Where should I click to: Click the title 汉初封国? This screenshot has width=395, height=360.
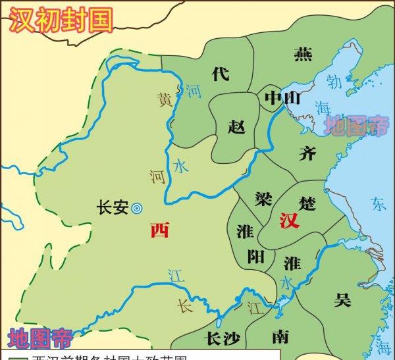coord(60,19)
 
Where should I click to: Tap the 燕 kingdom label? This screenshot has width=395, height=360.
coord(303,54)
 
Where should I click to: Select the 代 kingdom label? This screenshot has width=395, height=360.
coord(221,74)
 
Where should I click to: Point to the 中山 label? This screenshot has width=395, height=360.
coord(282,98)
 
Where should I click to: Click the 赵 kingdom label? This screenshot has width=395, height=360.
coord(236,126)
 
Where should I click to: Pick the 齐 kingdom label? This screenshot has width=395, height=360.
coord(307,153)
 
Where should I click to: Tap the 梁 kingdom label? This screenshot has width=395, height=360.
coord(263,198)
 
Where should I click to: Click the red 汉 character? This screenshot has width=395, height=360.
coord(289,220)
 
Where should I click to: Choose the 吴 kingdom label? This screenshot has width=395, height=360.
coord(342,300)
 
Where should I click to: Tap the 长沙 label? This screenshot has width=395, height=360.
coord(217,338)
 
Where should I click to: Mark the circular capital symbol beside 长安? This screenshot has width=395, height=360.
coord(137,208)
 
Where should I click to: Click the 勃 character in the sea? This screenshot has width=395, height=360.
coord(334,84)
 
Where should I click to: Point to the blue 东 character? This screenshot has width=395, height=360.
coord(378,203)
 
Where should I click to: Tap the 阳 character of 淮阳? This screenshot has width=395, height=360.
coord(255,257)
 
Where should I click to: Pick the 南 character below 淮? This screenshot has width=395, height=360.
coord(280,337)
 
